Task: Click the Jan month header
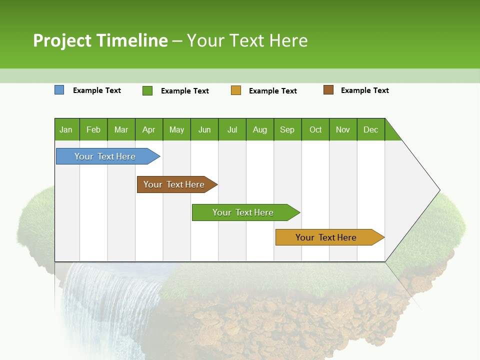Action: pos(66,129)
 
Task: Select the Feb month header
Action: pos(93,129)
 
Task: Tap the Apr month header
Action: pos(149,129)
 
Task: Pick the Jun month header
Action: pos(204,129)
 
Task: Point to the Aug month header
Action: pos(260,129)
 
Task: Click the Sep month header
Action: pos(287,129)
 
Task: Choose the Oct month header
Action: pos(315,129)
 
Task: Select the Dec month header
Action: pos(371,129)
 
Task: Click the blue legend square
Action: pos(59,90)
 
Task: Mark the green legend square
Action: pos(147,90)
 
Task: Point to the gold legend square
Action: pos(236,90)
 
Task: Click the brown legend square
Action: pos(328,90)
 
